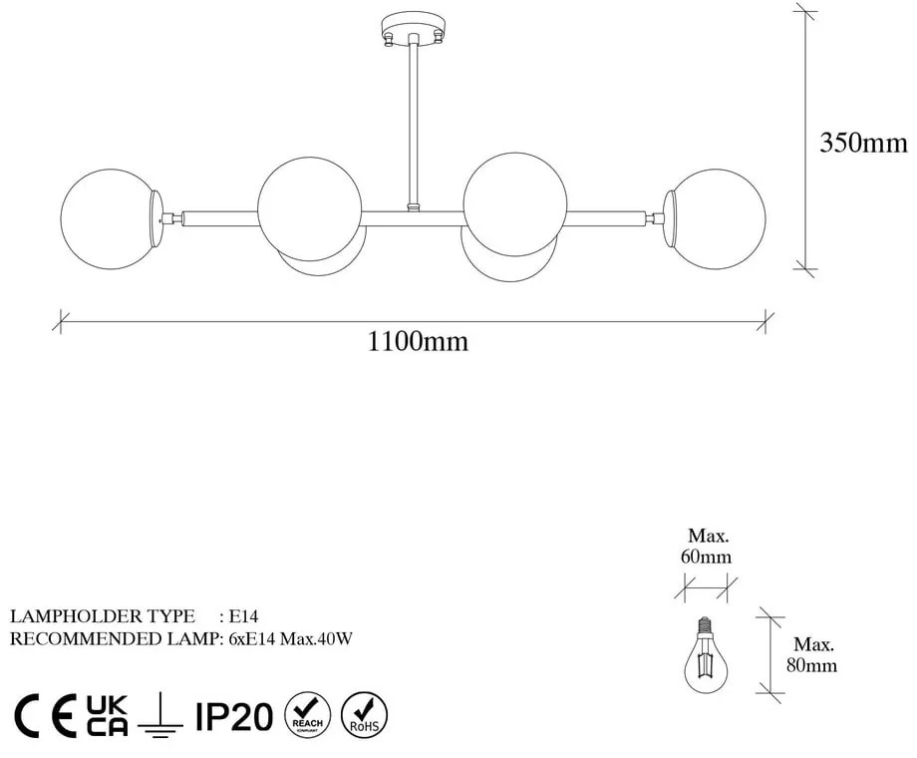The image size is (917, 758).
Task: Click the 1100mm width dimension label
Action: (x=418, y=342)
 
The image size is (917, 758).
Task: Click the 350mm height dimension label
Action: (x=863, y=143)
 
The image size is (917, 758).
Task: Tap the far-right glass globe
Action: (x=718, y=217)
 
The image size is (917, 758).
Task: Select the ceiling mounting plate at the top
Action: (x=411, y=30)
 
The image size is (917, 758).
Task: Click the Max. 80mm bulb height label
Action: (x=814, y=655)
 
